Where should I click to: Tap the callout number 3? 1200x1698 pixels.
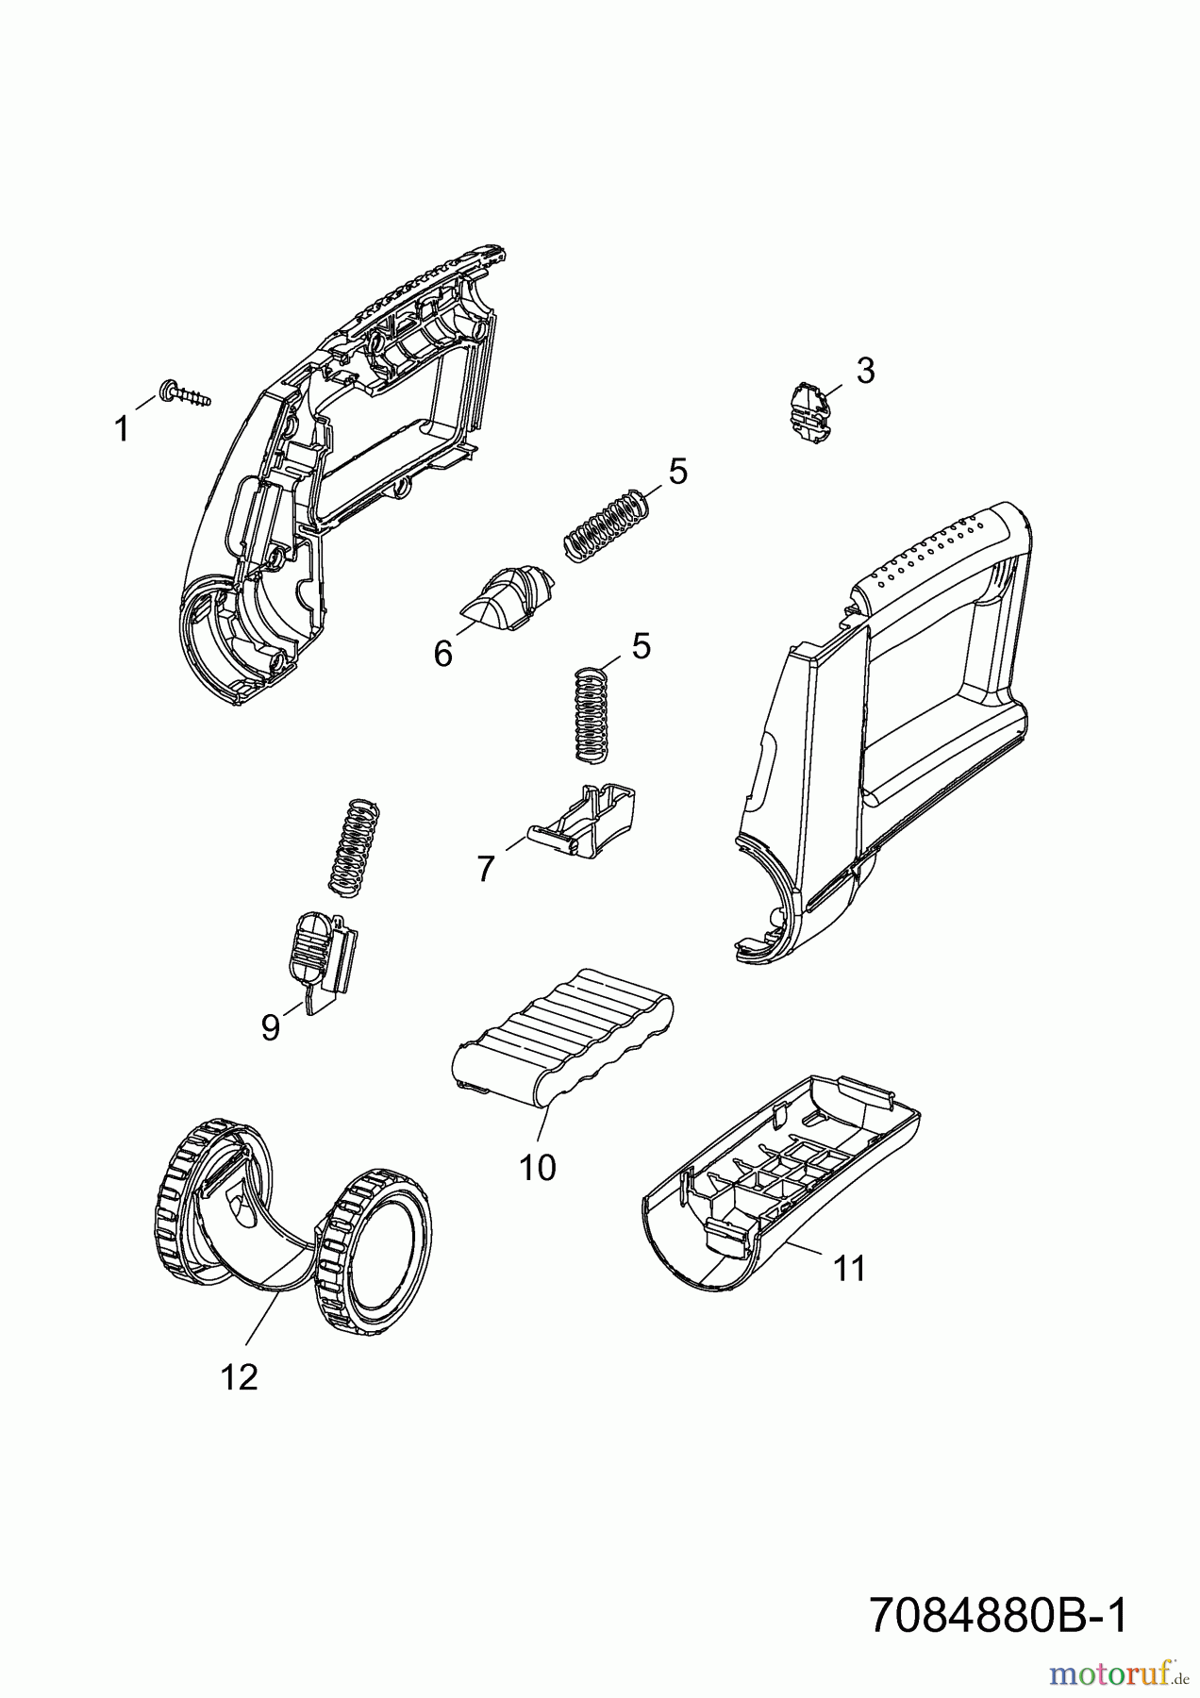click(x=865, y=371)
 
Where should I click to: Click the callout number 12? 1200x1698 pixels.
click(x=239, y=1377)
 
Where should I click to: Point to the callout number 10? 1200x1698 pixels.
click(x=538, y=1168)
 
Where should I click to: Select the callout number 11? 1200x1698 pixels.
click(x=848, y=1269)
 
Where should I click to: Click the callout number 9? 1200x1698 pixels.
click(x=271, y=1026)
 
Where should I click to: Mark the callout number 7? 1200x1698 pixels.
click(x=485, y=868)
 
